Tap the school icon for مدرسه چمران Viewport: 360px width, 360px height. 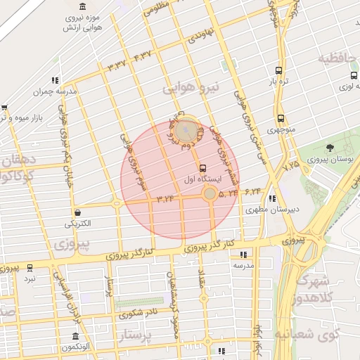tap(56, 80)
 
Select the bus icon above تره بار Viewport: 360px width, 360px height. tap(279, 70)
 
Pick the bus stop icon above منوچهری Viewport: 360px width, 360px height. tap(281, 118)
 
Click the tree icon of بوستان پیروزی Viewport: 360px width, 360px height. tap(330, 148)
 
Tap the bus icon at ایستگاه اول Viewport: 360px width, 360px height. tap(203, 168)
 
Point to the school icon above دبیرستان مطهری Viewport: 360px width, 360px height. tap(271, 198)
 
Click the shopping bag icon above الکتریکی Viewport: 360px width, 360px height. tap(76, 212)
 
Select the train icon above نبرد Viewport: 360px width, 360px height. tap(30, 267)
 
